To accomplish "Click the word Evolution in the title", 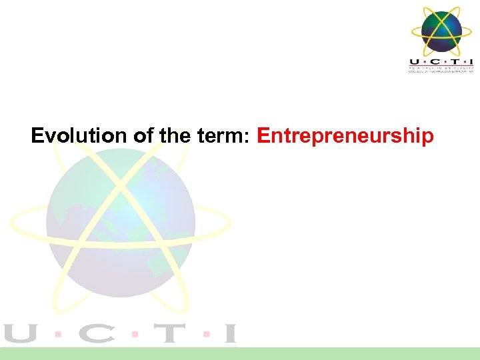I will [79, 136].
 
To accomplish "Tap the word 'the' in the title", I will [175, 136].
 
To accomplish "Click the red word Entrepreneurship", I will [345, 136].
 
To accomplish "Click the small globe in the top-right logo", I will [441, 30].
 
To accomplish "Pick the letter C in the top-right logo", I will [432, 61].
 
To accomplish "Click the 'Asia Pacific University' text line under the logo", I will [441, 67].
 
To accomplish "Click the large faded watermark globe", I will [120, 220].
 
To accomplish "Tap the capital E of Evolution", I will [38, 136].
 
